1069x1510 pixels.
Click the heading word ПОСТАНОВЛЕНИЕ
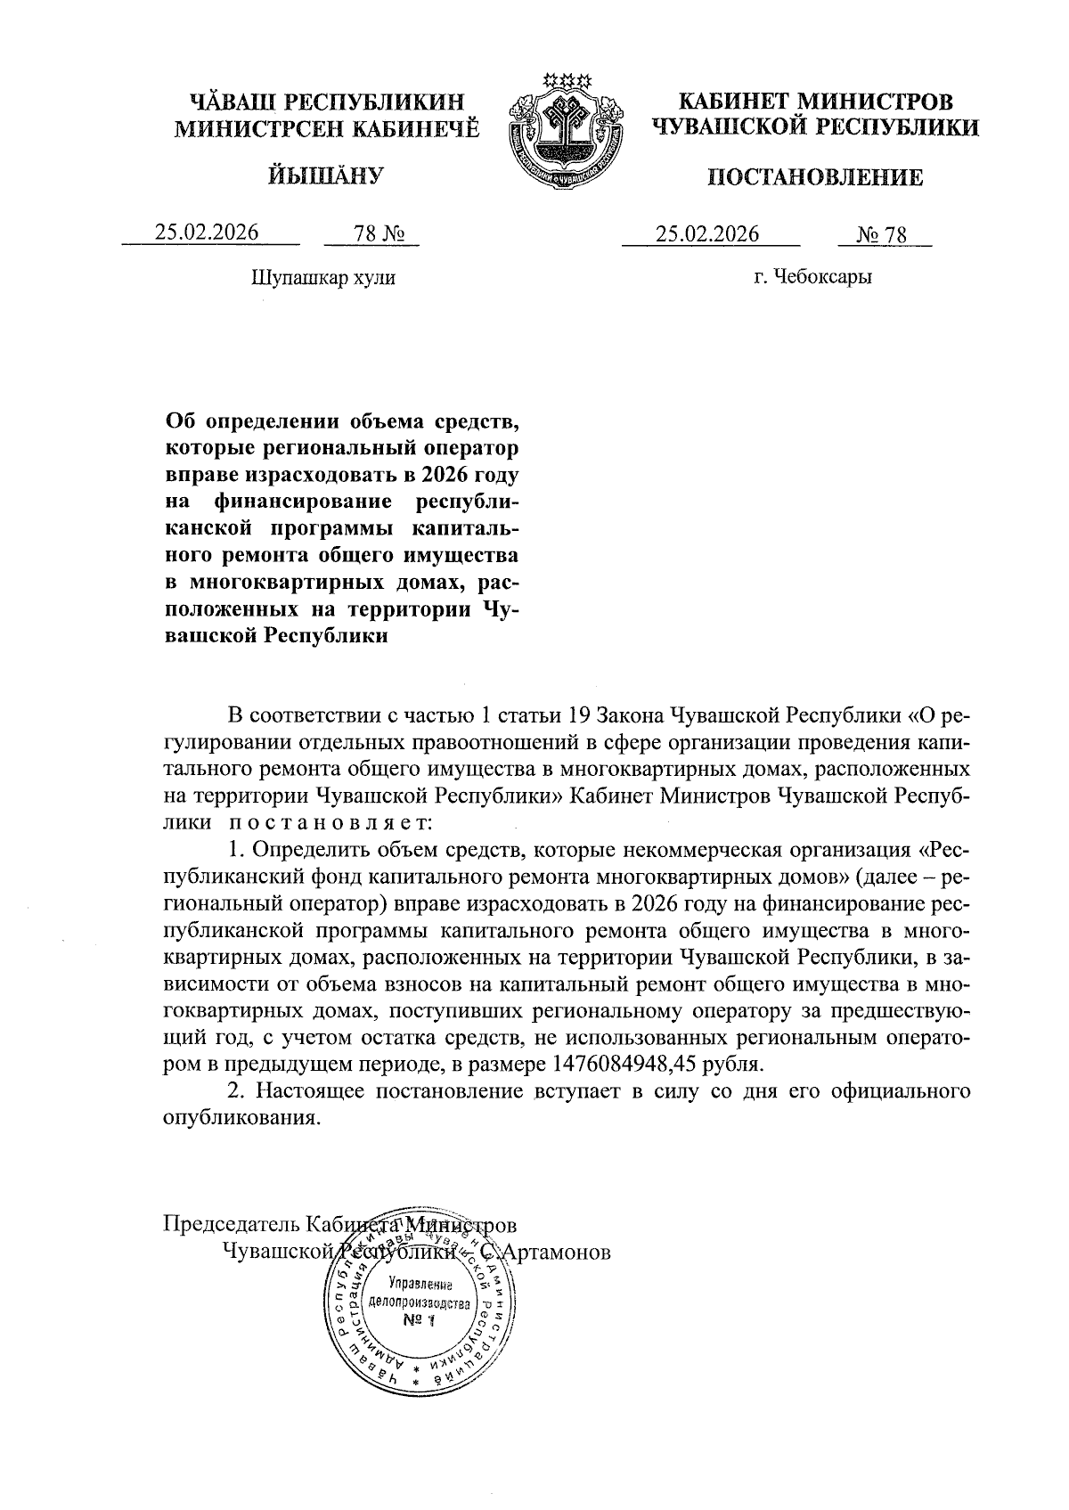tap(815, 178)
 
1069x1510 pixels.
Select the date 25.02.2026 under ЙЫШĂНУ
tap(207, 233)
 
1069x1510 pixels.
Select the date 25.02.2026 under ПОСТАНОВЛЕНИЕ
tap(707, 233)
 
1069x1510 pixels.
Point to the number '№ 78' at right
tap(881, 234)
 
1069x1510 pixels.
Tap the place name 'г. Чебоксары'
tap(812, 277)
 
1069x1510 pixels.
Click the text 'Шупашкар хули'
tap(323, 277)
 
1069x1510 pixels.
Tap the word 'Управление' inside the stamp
tap(420, 1286)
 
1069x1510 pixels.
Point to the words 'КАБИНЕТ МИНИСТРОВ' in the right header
tap(814, 102)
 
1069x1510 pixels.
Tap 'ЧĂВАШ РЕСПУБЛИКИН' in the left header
tap(326, 102)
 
